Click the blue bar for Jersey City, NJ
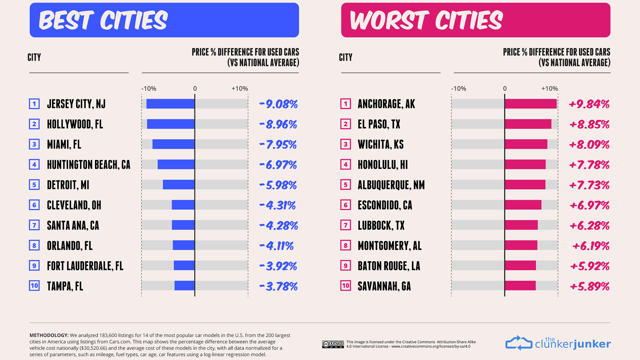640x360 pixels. (170, 104)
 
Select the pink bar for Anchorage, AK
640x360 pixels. (531, 104)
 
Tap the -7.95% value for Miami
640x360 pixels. (278, 145)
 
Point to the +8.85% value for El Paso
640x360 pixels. (589, 124)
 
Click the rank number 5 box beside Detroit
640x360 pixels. (34, 185)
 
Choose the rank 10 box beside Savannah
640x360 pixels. (346, 286)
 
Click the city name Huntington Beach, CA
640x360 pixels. (89, 165)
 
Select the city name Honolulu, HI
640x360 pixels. (383, 165)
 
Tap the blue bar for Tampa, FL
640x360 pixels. (185, 286)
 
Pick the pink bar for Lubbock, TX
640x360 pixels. (521, 225)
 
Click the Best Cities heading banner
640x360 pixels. (164, 20)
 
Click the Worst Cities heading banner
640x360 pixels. (476, 20)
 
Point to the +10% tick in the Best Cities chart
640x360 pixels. (240, 89)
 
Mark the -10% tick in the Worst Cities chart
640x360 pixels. (459, 89)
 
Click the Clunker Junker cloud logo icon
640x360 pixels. (519, 343)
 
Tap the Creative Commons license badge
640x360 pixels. (333, 344)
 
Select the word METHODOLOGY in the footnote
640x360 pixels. (49, 335)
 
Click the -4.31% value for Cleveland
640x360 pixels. (277, 205)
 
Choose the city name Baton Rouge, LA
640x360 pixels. (389, 266)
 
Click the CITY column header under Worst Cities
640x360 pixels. (346, 57)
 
